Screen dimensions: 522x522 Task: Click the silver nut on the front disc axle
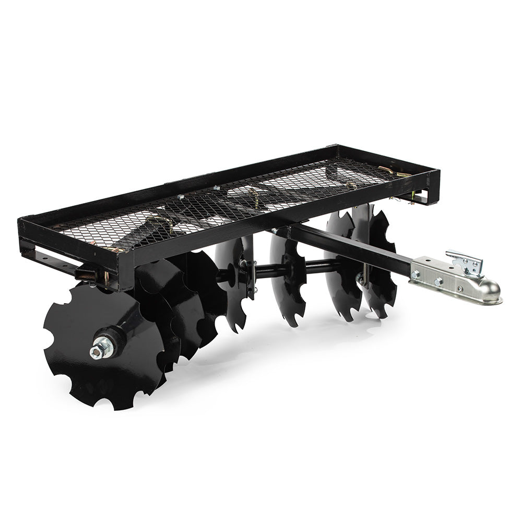pos(99,350)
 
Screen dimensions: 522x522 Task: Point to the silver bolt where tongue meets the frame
pos(275,230)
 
